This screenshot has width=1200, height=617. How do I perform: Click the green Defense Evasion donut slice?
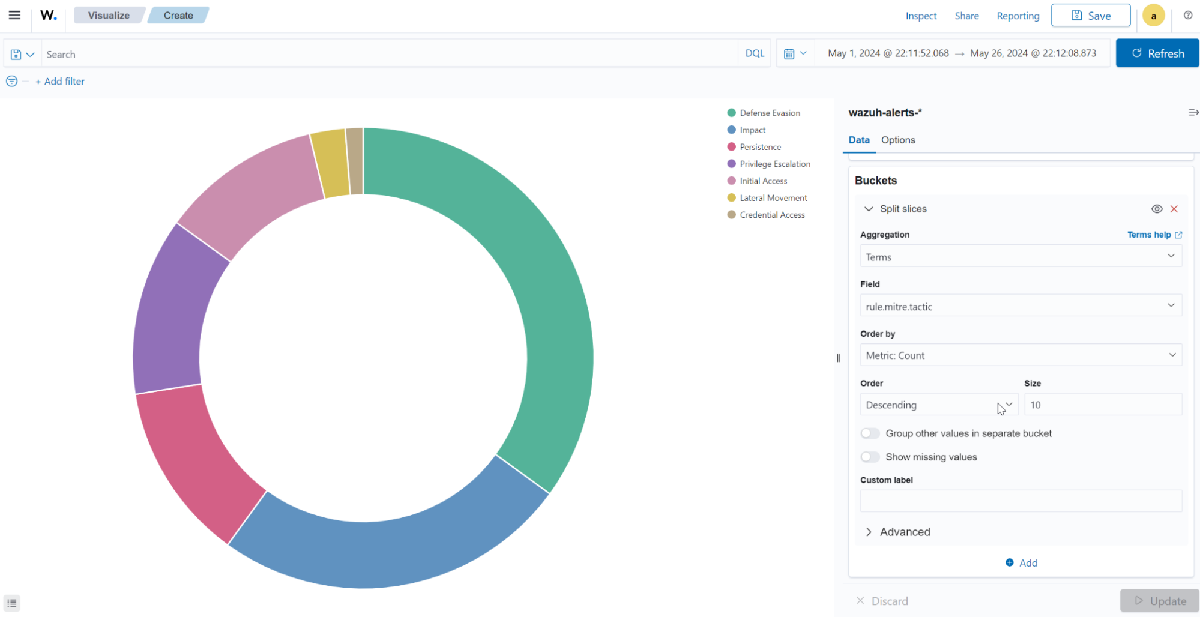[x=540, y=288]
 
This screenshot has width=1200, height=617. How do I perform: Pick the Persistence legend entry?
[x=760, y=147]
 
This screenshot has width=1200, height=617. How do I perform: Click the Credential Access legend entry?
[x=772, y=215]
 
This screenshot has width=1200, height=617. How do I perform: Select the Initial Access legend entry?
[x=763, y=181]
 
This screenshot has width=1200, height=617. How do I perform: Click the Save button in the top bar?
[x=1090, y=16]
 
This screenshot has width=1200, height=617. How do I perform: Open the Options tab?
[x=898, y=140]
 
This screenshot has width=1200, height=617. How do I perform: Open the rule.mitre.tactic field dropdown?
[x=1021, y=306]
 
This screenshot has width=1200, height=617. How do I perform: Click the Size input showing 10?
[x=1102, y=405]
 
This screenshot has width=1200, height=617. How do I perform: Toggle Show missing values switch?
[x=870, y=457]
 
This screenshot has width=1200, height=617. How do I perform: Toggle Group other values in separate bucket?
[x=870, y=433]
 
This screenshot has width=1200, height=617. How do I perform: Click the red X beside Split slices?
[x=1174, y=209]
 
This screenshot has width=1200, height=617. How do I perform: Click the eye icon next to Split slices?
[x=1157, y=209]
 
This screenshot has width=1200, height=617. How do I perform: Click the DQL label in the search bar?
[x=755, y=53]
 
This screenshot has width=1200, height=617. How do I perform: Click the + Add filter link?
[x=60, y=82]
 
